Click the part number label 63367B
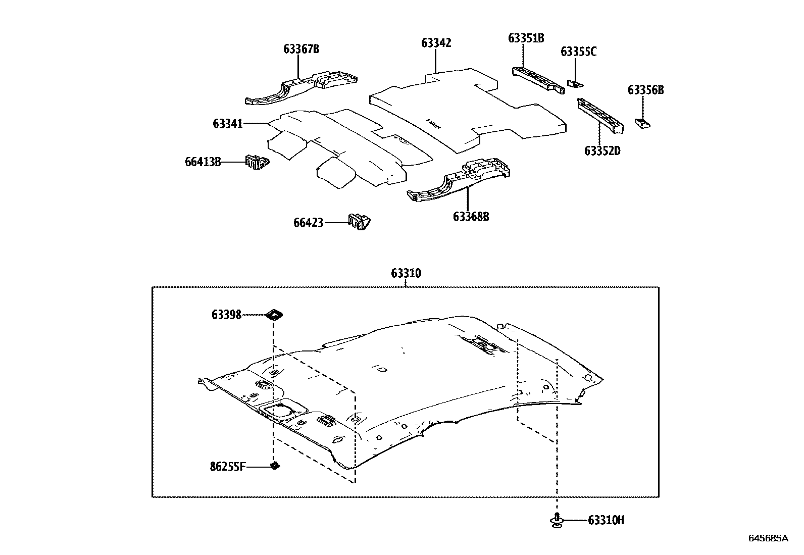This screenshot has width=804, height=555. coord(301,49)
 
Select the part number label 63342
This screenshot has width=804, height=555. coord(436,43)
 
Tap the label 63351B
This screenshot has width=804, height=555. coord(526,38)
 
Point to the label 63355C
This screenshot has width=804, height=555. coord(578,52)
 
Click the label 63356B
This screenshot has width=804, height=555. coord(645,90)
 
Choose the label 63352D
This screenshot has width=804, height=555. coord(602,150)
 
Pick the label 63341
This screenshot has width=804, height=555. coord(228,124)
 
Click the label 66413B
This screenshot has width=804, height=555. coord(203,162)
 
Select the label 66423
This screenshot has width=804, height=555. coord(308,222)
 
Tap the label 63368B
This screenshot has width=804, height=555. coord(471,217)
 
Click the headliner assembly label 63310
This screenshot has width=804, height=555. coord(406,273)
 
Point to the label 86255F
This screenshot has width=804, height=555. coord(228,466)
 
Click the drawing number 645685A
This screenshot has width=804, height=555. coord(768,538)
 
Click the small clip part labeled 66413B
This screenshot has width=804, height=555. coord(257,163)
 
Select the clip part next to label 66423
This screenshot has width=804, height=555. coord(359,222)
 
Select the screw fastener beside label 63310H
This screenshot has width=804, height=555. coord(557,520)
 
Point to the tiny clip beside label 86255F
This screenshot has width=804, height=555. coord(275,465)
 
